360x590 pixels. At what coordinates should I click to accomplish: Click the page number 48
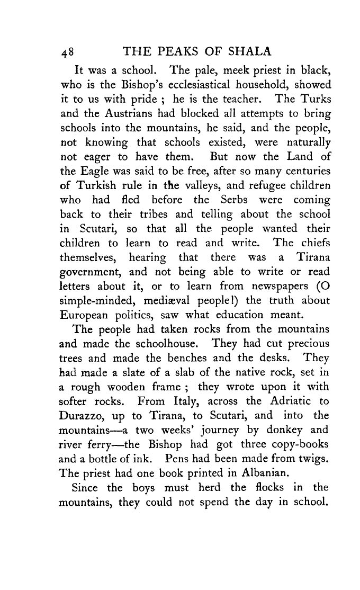tap(68, 52)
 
